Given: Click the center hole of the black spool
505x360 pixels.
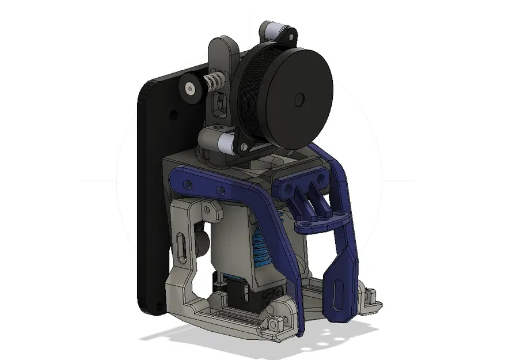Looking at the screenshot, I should (298, 100).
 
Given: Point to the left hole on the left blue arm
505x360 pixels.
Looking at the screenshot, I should (188, 184).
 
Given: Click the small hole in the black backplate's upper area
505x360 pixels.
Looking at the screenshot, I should (173, 116).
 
